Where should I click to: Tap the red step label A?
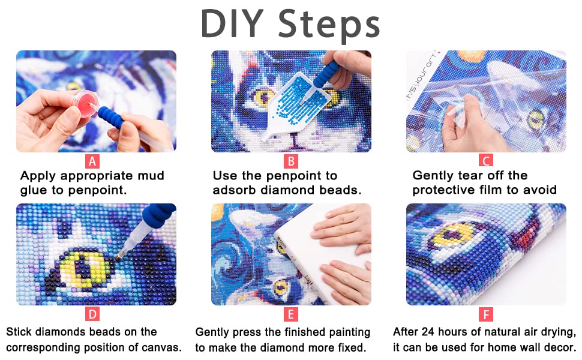point(92,161)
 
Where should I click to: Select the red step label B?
point(291,161)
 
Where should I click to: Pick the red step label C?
point(486,161)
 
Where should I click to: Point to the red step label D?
point(92,314)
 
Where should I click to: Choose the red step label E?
point(291,314)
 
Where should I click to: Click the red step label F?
point(486,314)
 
